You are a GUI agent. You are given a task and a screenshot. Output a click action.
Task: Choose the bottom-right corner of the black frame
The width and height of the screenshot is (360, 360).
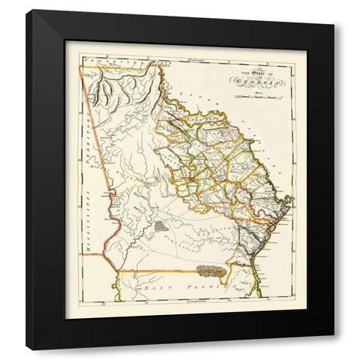coord(334,349)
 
